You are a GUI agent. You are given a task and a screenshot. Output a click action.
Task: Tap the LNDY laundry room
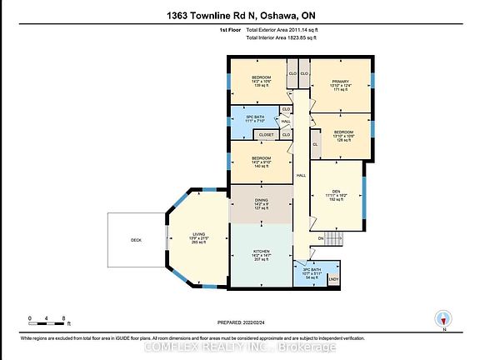tap(333, 278)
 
